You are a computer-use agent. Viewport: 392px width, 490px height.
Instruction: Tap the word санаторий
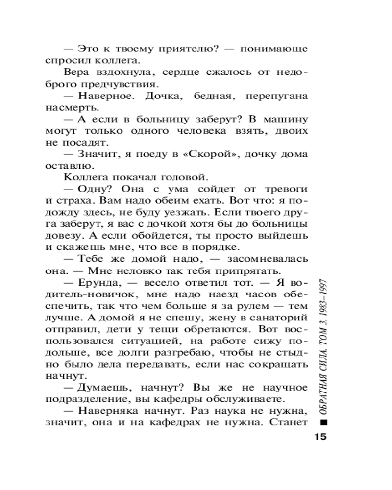coord(281,331)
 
